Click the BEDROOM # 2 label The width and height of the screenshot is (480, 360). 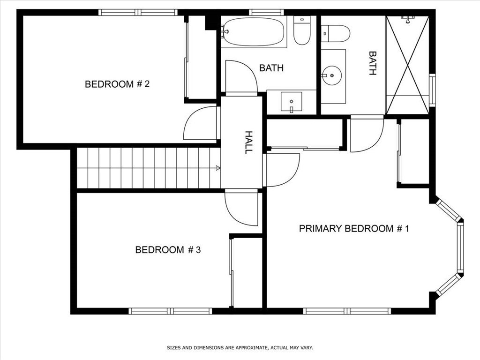point(117,84)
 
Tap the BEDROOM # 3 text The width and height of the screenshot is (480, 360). point(168,250)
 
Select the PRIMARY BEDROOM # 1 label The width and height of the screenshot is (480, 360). point(354,229)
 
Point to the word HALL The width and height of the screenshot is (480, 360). point(248,142)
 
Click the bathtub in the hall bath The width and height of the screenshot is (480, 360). point(253,32)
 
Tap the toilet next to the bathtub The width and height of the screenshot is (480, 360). point(302,31)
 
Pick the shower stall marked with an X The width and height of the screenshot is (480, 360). point(407,65)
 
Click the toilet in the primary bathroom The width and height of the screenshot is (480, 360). point(336,33)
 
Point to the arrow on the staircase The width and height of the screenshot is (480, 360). point(217,167)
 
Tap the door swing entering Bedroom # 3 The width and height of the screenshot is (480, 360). point(241,208)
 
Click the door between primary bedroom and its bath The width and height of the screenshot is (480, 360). point(366,134)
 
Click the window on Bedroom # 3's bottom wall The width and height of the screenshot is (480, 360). point(171,311)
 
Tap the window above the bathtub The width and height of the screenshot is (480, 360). point(266,12)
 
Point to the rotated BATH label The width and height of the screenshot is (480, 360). point(373,63)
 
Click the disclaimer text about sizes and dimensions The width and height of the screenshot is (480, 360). point(240,348)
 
